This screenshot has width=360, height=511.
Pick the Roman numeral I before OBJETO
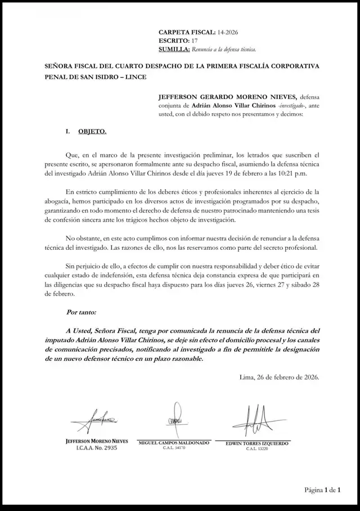(67, 131)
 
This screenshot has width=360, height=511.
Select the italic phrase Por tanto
(81, 311)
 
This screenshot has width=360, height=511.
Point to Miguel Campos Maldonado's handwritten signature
(175, 419)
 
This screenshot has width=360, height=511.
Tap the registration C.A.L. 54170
(174, 449)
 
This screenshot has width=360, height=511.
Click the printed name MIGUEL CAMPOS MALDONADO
(174, 443)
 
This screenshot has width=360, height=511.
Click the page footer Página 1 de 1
(323, 490)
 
